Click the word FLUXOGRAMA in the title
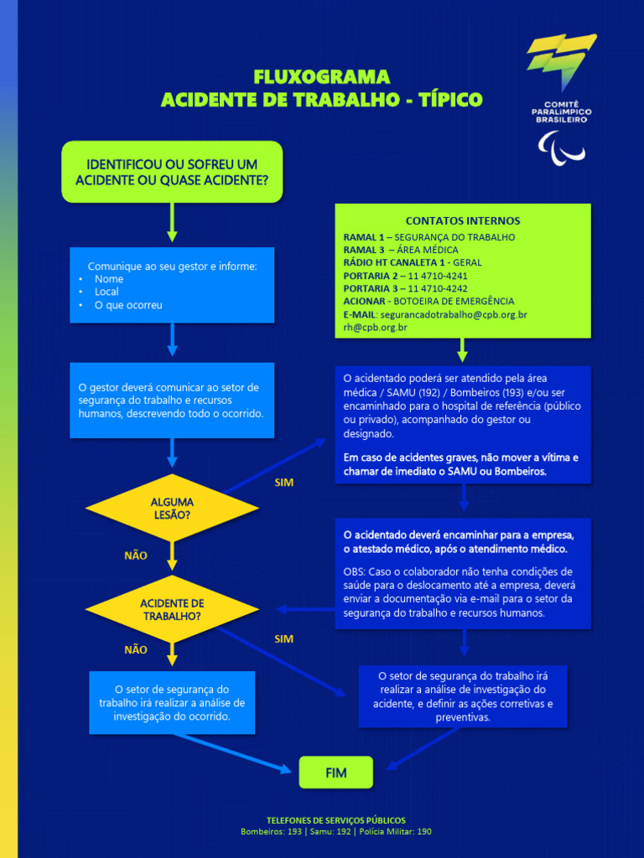click(322, 77)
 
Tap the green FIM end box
click(335, 772)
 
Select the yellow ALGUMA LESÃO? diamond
click(172, 509)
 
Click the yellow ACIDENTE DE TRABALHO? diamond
click(172, 609)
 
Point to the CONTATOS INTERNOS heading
click(462, 220)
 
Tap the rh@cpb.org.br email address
click(375, 328)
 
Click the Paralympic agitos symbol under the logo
click(561, 147)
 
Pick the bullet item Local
click(106, 292)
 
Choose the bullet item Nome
click(109, 279)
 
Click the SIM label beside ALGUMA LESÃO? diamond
click(284, 483)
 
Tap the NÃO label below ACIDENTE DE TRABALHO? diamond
click(136, 649)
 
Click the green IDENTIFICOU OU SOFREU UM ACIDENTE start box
click(172, 172)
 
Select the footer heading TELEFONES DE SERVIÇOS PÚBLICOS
click(335, 819)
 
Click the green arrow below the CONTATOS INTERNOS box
click(462, 349)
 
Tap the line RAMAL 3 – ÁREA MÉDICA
click(401, 250)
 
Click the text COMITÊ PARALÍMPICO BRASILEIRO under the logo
click(561, 111)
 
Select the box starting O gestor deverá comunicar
click(172, 401)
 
